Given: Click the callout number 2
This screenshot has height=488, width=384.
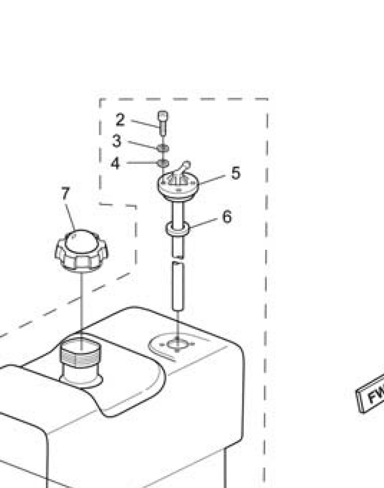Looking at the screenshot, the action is tap(120, 120).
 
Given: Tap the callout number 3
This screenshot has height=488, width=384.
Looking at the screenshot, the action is tap(116, 141).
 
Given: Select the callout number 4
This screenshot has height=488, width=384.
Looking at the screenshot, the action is tap(115, 163).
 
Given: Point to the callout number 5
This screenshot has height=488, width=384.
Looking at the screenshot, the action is tap(236, 173).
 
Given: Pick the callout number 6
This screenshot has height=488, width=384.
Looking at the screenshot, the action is tap(227, 216).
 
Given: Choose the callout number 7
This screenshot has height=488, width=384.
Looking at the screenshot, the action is tap(66, 193).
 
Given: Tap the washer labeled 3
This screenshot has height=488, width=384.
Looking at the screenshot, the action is tap(163, 147).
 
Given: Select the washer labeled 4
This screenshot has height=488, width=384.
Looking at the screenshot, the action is tap(163, 163).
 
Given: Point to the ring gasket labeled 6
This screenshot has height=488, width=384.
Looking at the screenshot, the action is tap(178, 228).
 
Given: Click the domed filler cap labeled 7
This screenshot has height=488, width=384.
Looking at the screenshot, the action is tap(81, 249).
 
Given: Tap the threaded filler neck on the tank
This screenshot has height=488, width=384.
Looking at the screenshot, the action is tap(80, 359).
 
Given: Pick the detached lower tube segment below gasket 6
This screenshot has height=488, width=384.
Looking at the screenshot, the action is tap(179, 285).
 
